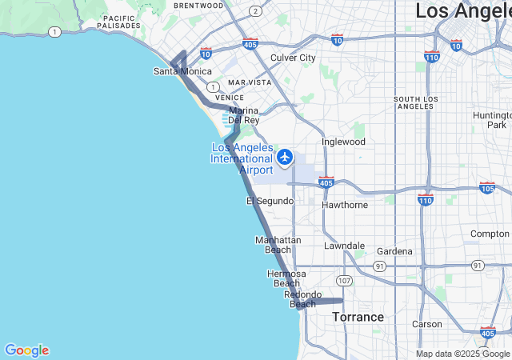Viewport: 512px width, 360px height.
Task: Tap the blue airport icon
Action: click(x=285, y=157)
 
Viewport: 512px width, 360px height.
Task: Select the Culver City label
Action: click(x=293, y=58)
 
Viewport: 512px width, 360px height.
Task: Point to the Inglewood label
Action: click(x=343, y=142)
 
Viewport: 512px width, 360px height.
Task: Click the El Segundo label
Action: click(x=270, y=201)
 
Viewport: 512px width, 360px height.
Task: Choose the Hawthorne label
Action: click(x=344, y=205)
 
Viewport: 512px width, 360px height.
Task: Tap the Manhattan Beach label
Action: click(x=278, y=245)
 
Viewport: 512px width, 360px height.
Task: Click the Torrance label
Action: click(x=358, y=317)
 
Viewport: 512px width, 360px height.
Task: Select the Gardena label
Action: click(x=394, y=251)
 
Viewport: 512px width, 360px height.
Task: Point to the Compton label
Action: click(x=490, y=234)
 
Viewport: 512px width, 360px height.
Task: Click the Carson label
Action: click(x=426, y=324)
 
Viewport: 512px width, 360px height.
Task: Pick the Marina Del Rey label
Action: click(x=244, y=115)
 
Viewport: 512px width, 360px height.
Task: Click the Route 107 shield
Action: click(x=344, y=281)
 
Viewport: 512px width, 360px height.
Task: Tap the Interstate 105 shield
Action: click(x=486, y=188)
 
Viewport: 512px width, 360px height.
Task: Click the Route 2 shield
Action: click(x=254, y=11)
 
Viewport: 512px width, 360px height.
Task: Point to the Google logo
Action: click(x=26, y=350)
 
